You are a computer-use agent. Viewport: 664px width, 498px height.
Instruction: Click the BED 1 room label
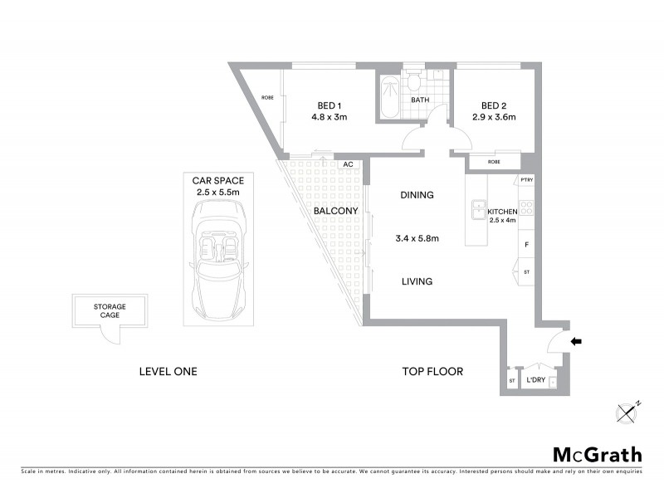[329, 105]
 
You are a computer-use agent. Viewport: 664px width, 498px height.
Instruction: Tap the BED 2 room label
[494, 105]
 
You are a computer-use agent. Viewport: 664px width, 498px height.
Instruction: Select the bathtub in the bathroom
[388, 100]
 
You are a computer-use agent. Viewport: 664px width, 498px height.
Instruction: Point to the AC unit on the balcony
[349, 165]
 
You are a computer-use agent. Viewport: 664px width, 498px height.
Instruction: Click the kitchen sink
[478, 210]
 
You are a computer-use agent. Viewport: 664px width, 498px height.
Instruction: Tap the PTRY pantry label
[525, 180]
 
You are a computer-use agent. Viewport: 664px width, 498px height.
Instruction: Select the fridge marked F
[526, 245]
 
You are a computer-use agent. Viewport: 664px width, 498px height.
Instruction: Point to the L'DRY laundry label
[535, 381]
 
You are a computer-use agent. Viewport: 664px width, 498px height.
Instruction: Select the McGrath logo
[598, 454]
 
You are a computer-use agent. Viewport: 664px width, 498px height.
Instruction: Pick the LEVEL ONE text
[168, 371]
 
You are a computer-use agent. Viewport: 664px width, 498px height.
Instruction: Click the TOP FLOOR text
[432, 371]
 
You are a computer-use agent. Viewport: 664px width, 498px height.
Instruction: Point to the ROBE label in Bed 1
[267, 98]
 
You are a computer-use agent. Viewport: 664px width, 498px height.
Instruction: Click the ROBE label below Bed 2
[494, 162]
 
